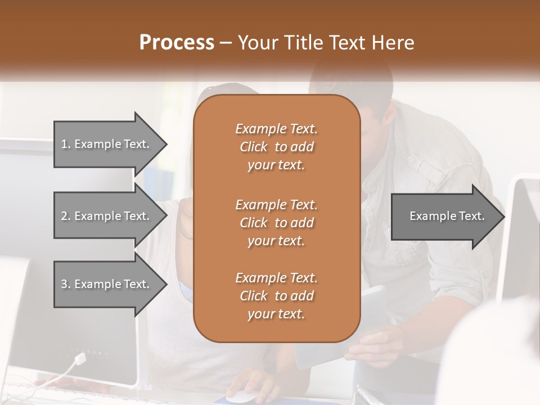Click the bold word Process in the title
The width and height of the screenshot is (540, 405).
(x=177, y=43)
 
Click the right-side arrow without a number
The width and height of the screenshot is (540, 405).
(x=444, y=216)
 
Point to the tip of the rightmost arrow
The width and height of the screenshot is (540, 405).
(x=503, y=217)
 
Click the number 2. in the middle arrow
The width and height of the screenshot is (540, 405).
(x=66, y=216)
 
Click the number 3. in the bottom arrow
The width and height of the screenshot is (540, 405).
(x=66, y=284)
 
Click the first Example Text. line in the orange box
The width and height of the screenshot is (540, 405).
(x=276, y=129)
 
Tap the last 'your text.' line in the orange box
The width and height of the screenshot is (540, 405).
(x=276, y=314)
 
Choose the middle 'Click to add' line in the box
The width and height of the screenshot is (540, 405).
(x=276, y=223)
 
